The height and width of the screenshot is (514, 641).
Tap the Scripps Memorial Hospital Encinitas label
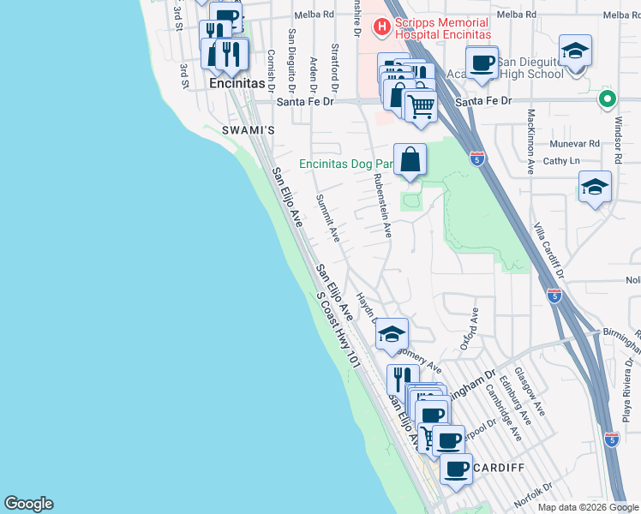tap(441, 28)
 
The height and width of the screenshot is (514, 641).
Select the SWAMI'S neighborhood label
tap(248, 130)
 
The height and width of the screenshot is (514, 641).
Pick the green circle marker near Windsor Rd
tap(608, 99)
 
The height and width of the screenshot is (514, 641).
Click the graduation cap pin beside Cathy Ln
tap(595, 188)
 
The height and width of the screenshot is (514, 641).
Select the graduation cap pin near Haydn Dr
tap(392, 334)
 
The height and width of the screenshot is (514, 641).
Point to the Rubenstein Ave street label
tap(382, 206)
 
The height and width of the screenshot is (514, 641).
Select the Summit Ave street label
tap(328, 216)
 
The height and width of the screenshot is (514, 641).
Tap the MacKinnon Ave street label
tap(531, 139)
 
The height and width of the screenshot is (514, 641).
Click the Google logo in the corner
tap(28, 504)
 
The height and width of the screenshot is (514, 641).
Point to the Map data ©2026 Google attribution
tap(587, 507)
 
